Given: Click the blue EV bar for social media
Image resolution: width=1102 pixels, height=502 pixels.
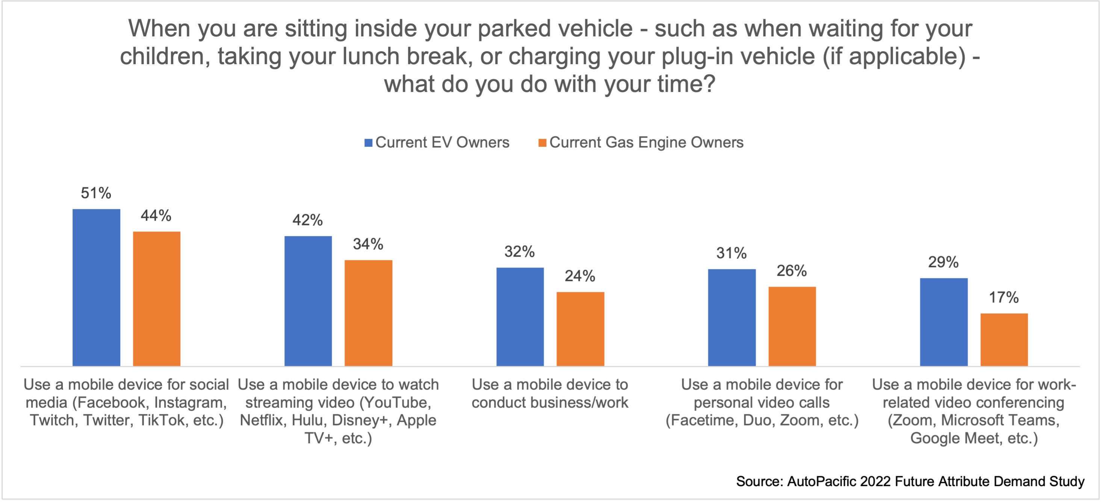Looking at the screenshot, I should (x=96, y=287).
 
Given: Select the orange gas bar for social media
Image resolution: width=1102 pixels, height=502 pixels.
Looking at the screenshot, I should (x=157, y=299).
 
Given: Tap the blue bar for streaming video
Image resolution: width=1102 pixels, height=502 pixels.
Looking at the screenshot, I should (x=308, y=301).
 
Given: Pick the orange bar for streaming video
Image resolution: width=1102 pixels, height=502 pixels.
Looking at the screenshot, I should (x=368, y=313).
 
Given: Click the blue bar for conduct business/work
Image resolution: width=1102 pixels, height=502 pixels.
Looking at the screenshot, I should (x=520, y=317).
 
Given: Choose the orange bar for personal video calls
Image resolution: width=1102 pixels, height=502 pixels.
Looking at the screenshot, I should (x=792, y=326).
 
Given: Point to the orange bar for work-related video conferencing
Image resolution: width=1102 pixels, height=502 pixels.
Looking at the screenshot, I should (x=1004, y=340).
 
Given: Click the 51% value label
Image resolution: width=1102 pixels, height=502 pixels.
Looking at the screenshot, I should (x=96, y=193).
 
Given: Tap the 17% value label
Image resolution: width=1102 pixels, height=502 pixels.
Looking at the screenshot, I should (x=1004, y=298).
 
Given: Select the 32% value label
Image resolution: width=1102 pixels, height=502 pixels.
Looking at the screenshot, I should (x=519, y=252).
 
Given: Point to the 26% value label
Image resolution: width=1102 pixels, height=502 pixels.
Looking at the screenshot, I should (x=791, y=271).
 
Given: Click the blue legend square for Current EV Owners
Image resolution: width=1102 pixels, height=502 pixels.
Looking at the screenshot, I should (x=368, y=143).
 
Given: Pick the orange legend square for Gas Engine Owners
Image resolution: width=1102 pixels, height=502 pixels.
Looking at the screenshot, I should (x=543, y=143).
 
